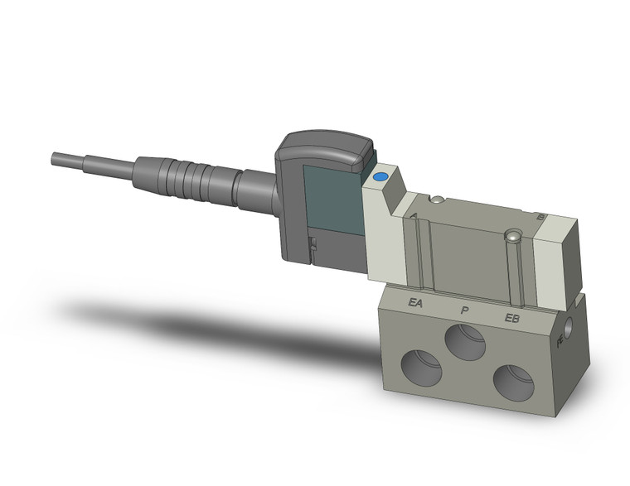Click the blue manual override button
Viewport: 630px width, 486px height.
380,176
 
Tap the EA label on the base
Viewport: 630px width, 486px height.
416,303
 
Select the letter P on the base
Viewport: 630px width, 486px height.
464,310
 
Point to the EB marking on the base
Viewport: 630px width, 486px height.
512,318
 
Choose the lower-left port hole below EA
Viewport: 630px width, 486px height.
423,363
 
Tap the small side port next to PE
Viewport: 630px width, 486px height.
572,319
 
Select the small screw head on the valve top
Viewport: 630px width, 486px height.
436,198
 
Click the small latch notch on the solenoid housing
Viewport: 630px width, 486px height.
313,246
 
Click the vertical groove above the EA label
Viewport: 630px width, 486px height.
419,248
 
